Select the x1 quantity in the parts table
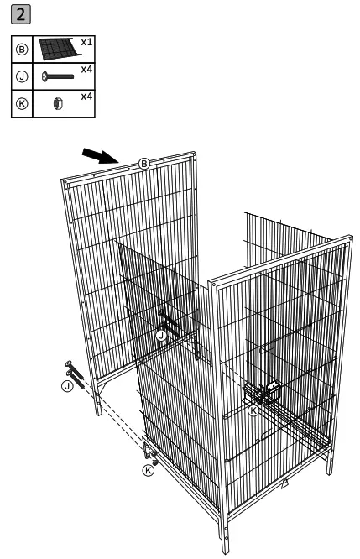pos(86,41)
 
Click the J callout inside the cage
pos(160,335)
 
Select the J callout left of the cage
pos(66,386)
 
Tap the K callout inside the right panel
pos(254,410)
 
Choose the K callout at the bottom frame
pos(149,470)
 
